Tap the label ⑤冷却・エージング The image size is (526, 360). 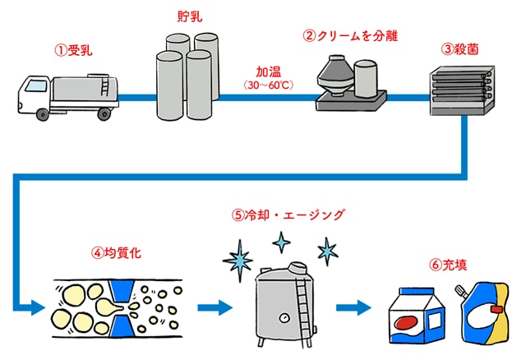(287, 215)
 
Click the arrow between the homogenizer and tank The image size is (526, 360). (216, 308)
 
